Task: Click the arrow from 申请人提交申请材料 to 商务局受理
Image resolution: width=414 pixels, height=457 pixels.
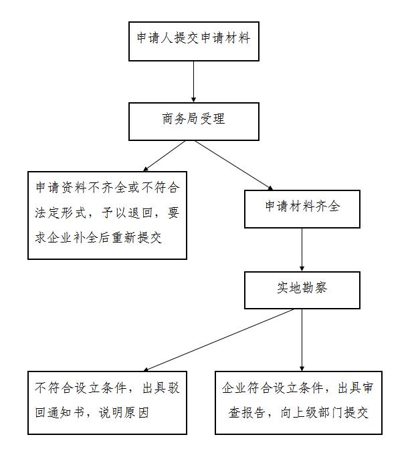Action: (193, 82)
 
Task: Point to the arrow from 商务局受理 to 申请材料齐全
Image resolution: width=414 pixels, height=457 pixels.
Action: (234, 166)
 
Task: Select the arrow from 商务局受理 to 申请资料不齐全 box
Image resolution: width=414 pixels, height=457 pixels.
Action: (165, 156)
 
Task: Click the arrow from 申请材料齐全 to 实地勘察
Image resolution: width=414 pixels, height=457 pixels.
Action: (302, 250)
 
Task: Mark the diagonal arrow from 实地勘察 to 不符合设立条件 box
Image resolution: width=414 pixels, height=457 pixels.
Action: (219, 340)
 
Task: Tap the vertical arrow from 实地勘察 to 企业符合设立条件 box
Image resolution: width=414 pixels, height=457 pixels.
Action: (302, 340)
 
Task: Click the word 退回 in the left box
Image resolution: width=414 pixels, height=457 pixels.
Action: (140, 212)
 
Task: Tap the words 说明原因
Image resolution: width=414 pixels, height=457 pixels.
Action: (124, 413)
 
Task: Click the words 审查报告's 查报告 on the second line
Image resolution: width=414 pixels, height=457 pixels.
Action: (247, 413)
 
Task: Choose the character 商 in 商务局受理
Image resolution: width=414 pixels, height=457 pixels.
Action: (168, 119)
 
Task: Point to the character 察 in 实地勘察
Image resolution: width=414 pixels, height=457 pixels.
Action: (321, 288)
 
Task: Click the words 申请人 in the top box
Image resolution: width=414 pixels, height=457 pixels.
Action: (155, 38)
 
